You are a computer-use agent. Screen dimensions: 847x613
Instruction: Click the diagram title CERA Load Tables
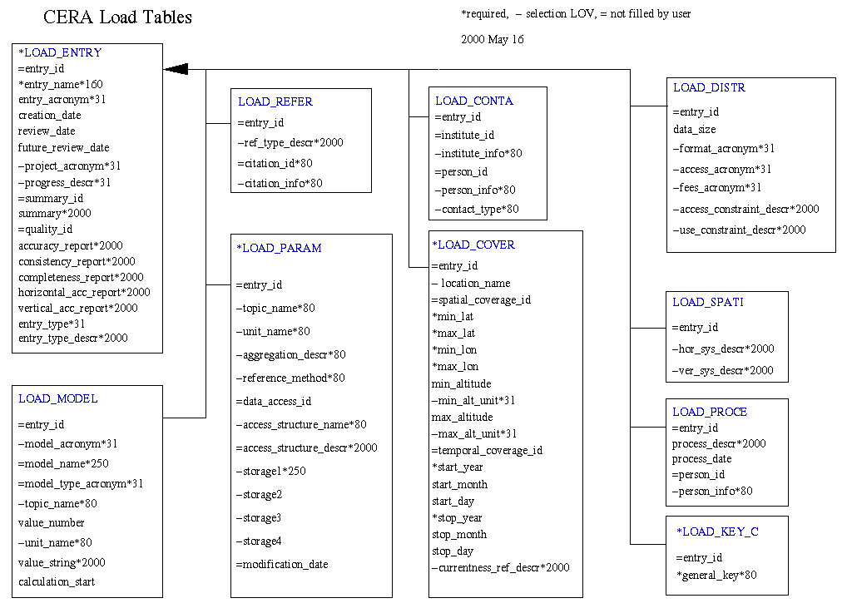click(x=118, y=17)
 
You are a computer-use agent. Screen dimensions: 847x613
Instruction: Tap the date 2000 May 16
click(x=492, y=39)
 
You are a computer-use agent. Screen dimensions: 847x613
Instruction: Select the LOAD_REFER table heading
click(x=275, y=101)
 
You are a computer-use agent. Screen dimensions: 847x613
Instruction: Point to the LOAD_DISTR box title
click(x=709, y=87)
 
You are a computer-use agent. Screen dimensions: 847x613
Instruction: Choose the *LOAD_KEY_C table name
click(x=717, y=531)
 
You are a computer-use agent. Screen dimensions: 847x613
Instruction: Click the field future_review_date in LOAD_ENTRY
click(x=64, y=147)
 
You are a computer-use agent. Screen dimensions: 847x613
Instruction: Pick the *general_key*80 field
click(x=716, y=576)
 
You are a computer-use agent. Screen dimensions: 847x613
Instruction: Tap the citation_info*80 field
click(x=280, y=183)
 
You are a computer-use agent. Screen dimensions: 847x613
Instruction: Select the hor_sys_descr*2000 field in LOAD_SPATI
click(x=723, y=349)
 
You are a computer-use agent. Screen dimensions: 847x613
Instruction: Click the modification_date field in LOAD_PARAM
click(x=282, y=565)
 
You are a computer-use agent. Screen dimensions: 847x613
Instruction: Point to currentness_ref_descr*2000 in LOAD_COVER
click(x=501, y=567)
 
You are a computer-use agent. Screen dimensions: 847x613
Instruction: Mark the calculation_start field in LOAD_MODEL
click(x=57, y=581)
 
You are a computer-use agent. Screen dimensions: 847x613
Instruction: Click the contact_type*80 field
click(x=477, y=209)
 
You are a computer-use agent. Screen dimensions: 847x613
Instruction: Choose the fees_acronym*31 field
click(x=717, y=187)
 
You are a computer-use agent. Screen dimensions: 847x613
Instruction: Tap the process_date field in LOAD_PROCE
click(x=701, y=458)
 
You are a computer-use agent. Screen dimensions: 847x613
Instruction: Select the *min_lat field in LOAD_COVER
click(x=453, y=317)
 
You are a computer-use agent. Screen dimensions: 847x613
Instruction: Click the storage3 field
click(x=259, y=518)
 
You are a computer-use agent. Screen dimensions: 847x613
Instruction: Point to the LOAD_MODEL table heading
click(x=57, y=398)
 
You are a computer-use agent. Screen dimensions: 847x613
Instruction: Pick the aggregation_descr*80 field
click(x=290, y=355)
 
